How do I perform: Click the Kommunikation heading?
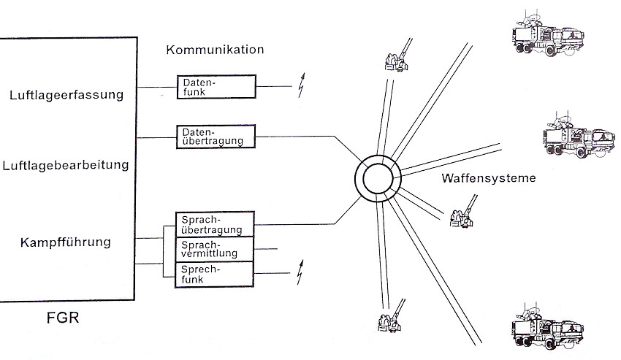pos(215,50)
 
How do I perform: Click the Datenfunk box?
pos(216,86)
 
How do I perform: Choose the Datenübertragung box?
pos(216,137)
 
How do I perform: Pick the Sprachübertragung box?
pos(216,223)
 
